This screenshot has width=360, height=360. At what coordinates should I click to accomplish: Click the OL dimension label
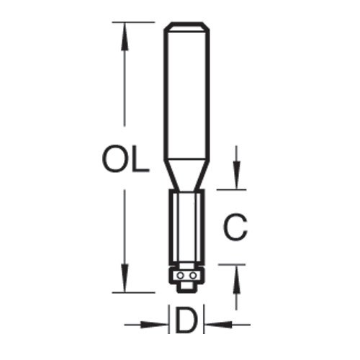coord(126,158)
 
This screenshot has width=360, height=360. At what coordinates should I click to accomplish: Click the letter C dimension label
coord(235,227)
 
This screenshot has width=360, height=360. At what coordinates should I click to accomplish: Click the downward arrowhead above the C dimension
coord(236,175)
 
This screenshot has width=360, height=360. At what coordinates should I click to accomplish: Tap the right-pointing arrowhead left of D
coord(154,325)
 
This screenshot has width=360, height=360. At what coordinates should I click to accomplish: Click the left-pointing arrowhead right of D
coord(219,325)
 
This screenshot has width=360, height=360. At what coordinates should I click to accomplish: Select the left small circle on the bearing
coord(180,276)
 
